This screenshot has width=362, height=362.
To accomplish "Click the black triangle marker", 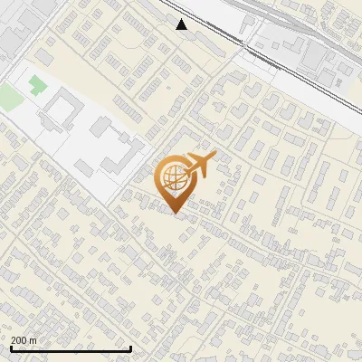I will [x=182, y=24].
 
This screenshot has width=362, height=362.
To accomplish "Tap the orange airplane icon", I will [x=201, y=164].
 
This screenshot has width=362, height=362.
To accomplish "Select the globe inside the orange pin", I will [x=174, y=177].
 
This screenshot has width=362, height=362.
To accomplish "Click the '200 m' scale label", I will [x=24, y=340].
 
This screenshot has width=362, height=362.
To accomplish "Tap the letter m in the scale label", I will [x=33, y=340].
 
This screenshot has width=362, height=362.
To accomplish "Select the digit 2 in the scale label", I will [x=14, y=340].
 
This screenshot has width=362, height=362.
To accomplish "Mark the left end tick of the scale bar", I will [x=11, y=348].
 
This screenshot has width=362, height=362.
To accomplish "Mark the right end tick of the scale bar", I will [x=131, y=348].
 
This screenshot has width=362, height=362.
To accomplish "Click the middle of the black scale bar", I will [x=71, y=348].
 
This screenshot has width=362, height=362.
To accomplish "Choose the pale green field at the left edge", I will [x=9, y=98].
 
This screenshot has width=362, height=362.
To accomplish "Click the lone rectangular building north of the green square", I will [x=43, y=58].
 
